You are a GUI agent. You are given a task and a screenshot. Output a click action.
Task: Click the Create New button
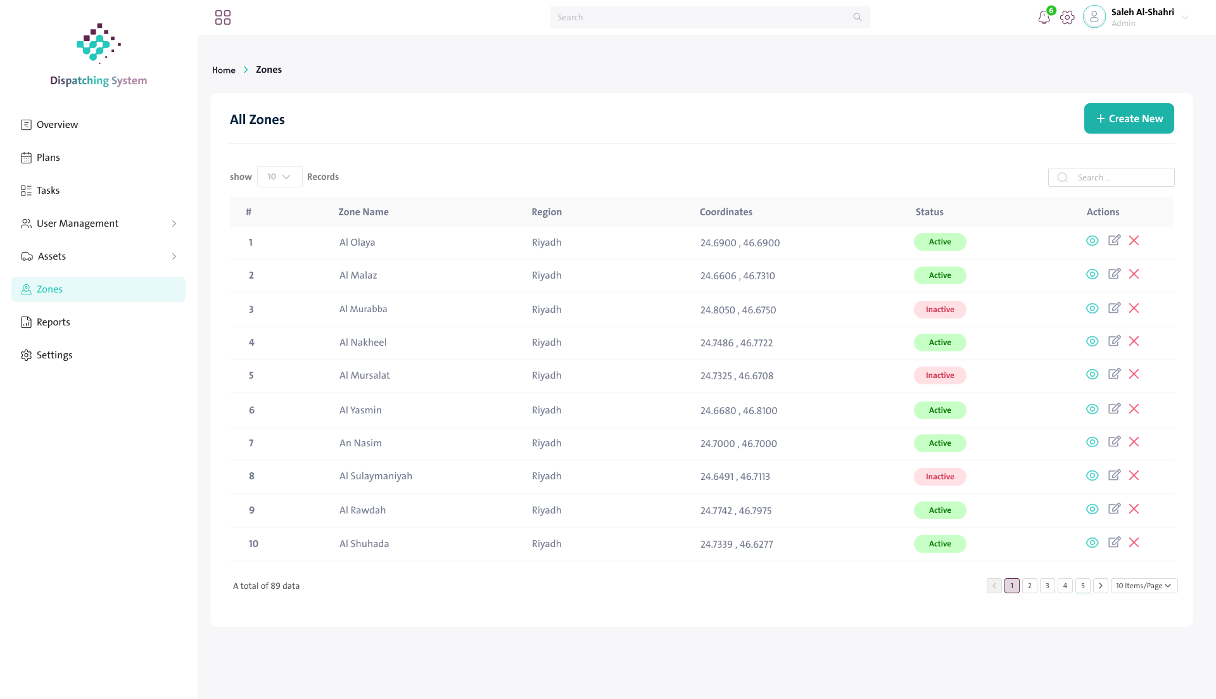(1129, 118)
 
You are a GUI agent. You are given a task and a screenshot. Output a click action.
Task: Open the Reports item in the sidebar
(46, 322)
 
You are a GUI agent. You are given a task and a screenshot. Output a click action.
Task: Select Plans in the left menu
(41, 158)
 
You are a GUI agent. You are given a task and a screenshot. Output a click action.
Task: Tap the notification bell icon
(1044, 18)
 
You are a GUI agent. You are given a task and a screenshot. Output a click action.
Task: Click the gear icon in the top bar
(1067, 18)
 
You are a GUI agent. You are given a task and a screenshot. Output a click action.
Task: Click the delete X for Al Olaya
(1134, 241)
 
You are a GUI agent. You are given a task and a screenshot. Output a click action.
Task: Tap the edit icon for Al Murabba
(1114, 308)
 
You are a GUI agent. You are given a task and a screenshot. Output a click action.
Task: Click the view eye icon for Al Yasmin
(1092, 409)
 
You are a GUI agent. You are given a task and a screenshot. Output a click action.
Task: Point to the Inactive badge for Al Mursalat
(940, 375)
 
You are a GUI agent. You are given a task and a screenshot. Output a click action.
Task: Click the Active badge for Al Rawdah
(940, 510)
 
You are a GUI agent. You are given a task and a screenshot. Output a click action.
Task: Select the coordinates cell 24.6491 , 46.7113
(735, 477)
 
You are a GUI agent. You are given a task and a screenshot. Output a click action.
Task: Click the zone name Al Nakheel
(363, 343)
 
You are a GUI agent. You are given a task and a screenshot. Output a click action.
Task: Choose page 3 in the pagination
(1048, 586)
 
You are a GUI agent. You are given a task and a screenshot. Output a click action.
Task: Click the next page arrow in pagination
(1101, 586)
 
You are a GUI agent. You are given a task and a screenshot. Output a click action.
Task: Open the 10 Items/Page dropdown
(1144, 586)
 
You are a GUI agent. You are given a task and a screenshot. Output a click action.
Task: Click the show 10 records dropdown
(279, 177)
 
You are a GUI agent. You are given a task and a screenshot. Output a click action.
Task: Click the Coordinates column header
(726, 212)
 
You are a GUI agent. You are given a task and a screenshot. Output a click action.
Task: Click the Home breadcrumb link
(224, 70)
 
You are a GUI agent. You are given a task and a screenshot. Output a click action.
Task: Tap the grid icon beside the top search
(223, 17)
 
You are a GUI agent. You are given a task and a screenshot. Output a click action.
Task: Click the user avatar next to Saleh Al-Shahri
(1094, 17)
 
